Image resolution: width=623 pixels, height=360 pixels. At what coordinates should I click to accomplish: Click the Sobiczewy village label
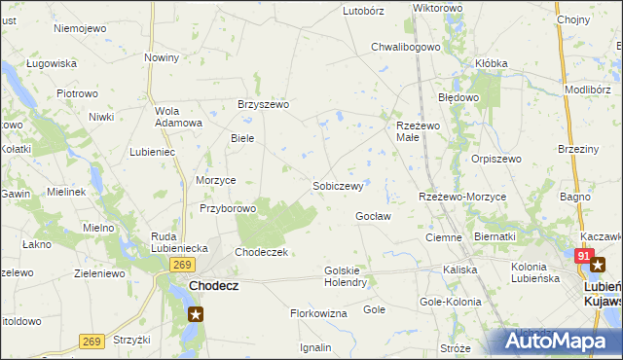[337, 185]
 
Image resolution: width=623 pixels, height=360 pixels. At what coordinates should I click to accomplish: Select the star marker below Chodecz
[196, 313]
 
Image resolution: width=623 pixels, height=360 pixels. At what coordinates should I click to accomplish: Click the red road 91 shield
[583, 256]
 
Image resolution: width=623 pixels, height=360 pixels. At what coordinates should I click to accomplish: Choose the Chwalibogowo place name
[407, 47]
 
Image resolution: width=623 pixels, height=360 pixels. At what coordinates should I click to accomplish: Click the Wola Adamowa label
[178, 116]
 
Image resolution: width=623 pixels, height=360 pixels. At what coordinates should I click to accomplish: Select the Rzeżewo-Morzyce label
[462, 197]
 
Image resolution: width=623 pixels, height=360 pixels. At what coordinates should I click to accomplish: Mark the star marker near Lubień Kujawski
[599, 263]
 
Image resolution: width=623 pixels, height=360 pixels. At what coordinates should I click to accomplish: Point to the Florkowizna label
[318, 313]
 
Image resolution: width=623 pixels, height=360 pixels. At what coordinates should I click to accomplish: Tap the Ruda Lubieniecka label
[179, 242]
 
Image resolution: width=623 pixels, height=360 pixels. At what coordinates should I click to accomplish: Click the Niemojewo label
[80, 28]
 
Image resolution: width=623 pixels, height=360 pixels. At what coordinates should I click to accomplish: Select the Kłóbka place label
[491, 63]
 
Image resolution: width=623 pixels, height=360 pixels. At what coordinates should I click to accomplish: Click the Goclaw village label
[373, 216]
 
